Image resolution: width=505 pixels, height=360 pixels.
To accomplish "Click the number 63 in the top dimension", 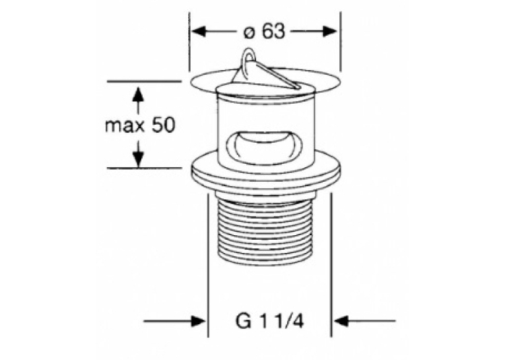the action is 273,32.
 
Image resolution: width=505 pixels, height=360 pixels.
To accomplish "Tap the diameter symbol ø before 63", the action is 249,33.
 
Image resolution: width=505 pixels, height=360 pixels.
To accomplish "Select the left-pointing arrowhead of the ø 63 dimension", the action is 198,32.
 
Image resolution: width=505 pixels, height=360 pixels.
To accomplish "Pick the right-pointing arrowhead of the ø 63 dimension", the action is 331,31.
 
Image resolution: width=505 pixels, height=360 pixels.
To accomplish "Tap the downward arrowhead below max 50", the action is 138,159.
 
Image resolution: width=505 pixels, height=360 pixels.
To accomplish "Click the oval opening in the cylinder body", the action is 264,145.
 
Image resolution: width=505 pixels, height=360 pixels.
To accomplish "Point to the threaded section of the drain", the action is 266,232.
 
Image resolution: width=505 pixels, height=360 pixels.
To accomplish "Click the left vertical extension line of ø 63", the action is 189,42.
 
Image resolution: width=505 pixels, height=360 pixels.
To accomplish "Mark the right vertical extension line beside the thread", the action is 331,265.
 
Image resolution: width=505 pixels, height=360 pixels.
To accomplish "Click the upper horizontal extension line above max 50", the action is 144,81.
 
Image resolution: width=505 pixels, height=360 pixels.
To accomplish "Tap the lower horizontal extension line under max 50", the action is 144,168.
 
